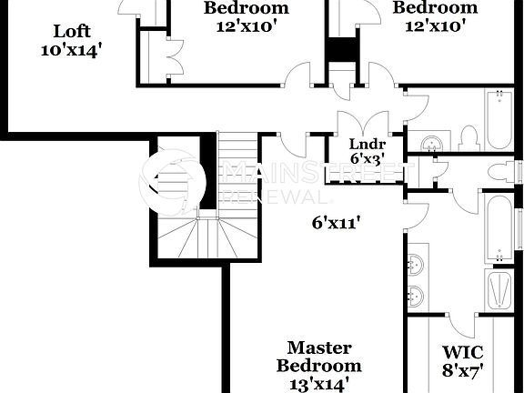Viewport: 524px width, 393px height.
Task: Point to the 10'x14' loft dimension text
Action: click(x=69, y=50)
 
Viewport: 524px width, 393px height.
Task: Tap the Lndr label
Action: click(x=367, y=143)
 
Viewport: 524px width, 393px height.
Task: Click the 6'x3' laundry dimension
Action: click(x=367, y=156)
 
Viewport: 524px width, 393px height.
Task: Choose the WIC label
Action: click(x=462, y=352)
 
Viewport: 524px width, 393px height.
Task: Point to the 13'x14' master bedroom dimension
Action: click(x=318, y=384)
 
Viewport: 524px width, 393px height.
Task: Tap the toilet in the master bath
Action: click(x=500, y=171)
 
